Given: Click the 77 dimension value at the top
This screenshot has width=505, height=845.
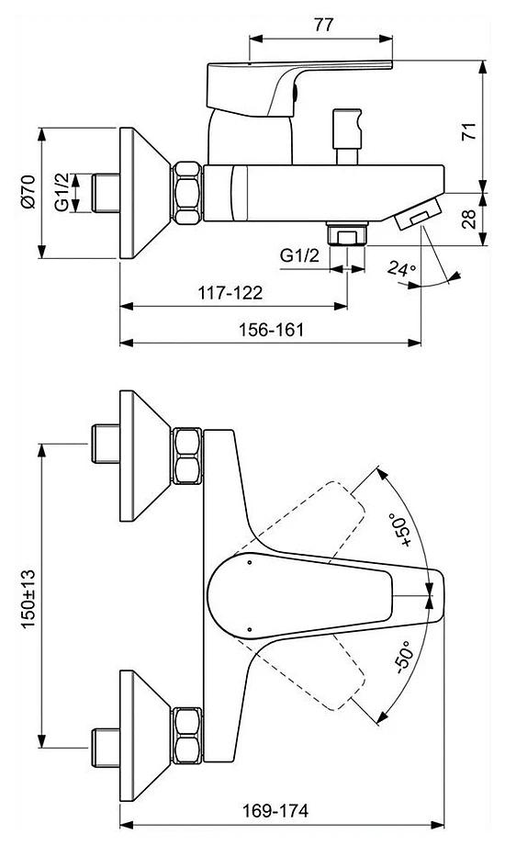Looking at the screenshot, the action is (x=323, y=25).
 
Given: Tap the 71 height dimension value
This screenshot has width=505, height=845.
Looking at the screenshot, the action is (x=469, y=131).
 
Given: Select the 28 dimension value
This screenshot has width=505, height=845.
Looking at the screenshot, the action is (x=469, y=219).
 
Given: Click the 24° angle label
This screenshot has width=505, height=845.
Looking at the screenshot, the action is (x=402, y=268).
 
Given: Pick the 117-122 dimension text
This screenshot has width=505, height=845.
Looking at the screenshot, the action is (x=230, y=293).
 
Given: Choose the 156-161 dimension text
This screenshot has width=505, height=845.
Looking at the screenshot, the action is (x=271, y=329).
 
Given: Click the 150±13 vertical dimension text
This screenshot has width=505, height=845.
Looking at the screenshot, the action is (x=28, y=598).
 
